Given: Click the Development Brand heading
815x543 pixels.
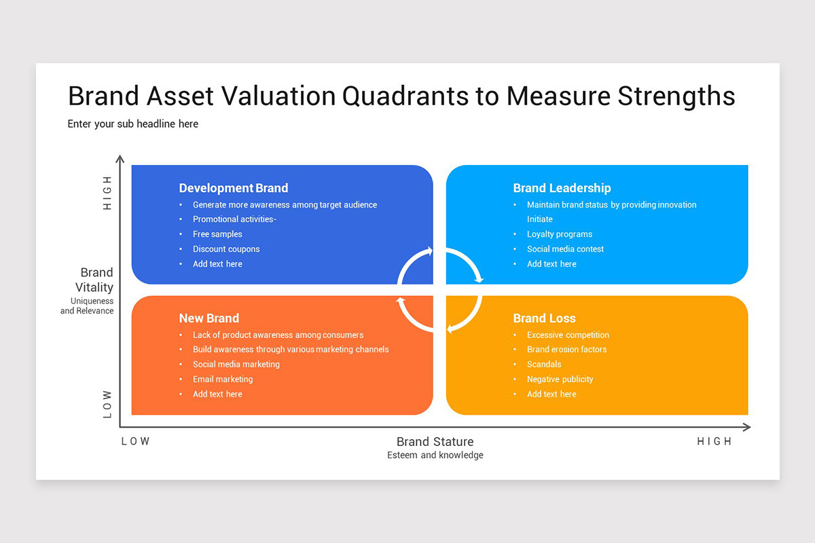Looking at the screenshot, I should click(x=233, y=188).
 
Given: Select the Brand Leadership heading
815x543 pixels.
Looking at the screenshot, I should click(x=562, y=188).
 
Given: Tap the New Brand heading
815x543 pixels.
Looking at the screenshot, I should click(x=209, y=318).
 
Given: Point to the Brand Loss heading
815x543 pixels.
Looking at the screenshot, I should click(x=544, y=318).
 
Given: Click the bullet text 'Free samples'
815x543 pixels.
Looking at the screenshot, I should click(x=217, y=234).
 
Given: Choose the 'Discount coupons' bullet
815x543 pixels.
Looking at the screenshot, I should click(x=226, y=249).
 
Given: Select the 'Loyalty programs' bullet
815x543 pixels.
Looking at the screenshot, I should click(x=560, y=234).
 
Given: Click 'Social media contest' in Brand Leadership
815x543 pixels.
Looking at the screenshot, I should click(x=565, y=249).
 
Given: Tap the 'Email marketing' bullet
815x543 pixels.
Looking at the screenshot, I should click(x=223, y=379).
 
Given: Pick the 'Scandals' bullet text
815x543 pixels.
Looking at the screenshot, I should click(x=544, y=364).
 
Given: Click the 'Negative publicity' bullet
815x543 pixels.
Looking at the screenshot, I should click(x=560, y=379).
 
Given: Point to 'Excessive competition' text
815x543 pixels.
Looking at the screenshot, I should click(x=568, y=335).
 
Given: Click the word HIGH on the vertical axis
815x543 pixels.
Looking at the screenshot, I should click(x=107, y=193).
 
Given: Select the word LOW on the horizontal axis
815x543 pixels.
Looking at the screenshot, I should click(x=136, y=441).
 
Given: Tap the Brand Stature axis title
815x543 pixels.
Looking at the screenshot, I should click(x=435, y=442).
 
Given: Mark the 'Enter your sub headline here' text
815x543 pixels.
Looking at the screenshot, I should click(x=133, y=124).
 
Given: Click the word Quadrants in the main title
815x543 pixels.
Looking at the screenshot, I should click(x=405, y=96).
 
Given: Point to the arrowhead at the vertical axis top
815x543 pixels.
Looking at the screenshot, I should click(x=120, y=159).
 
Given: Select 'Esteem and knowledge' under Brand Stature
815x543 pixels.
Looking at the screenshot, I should click(x=435, y=455).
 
